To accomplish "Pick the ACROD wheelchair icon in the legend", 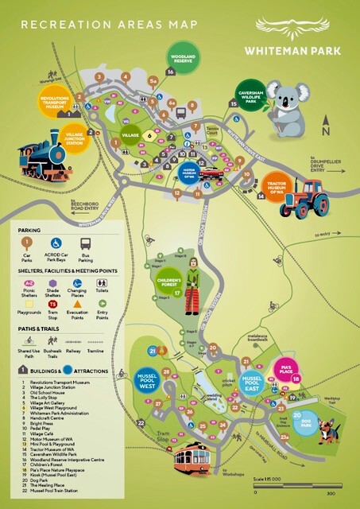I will (x=56, y=243).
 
